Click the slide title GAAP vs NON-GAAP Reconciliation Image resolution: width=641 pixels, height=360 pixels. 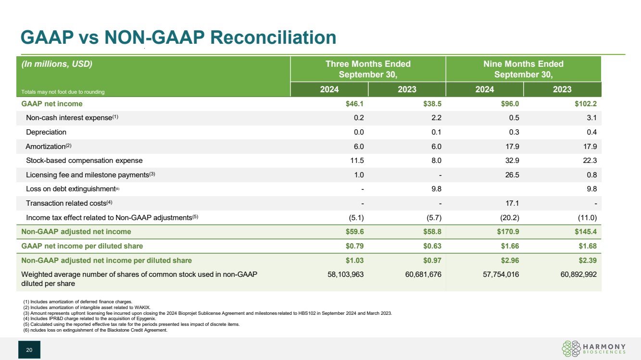(177, 37)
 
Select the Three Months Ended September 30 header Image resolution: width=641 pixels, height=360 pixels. (368, 69)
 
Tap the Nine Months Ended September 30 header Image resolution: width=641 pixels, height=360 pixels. (523, 69)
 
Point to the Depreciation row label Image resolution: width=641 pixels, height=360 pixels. (46, 132)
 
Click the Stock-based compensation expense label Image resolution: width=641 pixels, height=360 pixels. (84, 161)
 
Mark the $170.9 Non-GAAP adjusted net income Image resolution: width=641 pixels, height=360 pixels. (508, 232)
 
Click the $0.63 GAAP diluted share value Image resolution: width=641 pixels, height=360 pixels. (431, 246)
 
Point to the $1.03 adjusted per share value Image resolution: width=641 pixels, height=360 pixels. (354, 261)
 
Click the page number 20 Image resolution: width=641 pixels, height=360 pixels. (29, 350)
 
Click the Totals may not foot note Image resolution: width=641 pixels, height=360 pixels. (63, 92)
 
